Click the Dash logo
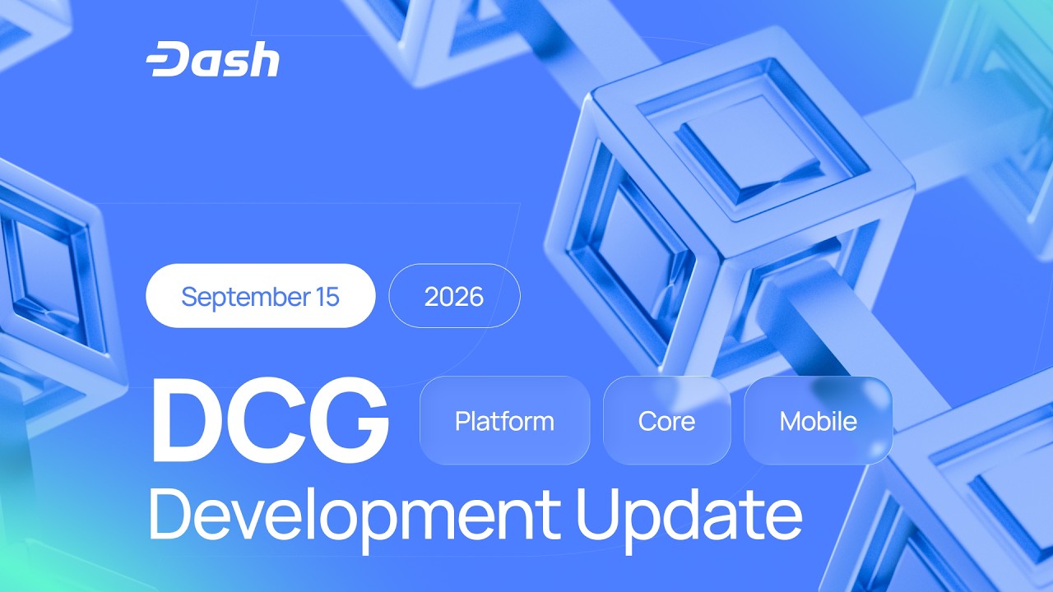212,59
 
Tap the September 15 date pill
261,295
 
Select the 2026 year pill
454,296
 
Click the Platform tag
504,420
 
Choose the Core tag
666,420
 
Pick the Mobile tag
818,420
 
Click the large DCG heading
269,420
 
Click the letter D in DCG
188,420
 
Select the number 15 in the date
327,297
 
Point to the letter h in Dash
265,58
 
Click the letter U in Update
601,515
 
